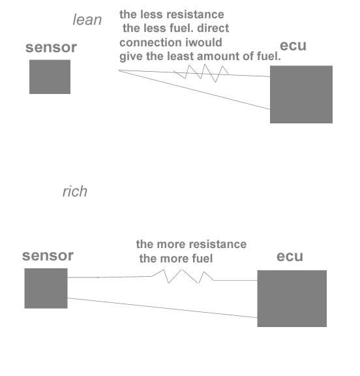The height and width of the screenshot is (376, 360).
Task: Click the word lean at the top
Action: (87, 20)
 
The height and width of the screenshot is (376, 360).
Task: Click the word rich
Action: (74, 192)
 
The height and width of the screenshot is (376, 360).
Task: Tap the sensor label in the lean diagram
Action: (51, 48)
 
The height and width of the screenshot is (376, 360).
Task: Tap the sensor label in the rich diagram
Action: (48, 256)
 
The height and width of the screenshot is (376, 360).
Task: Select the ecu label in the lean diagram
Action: (293, 46)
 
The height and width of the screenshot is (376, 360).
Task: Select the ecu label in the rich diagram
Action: (290, 256)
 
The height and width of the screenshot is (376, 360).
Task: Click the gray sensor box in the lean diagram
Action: (50, 76)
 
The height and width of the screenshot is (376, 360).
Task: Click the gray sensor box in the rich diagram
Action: (46, 288)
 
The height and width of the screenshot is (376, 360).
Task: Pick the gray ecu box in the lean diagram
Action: (301, 94)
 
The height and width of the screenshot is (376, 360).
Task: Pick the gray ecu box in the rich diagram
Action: (292, 298)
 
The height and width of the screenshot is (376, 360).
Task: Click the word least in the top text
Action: (183, 57)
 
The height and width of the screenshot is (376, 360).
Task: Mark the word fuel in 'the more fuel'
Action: (201, 258)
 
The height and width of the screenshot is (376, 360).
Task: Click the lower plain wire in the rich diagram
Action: (163, 308)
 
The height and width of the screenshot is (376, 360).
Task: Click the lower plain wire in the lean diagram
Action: (196, 89)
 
